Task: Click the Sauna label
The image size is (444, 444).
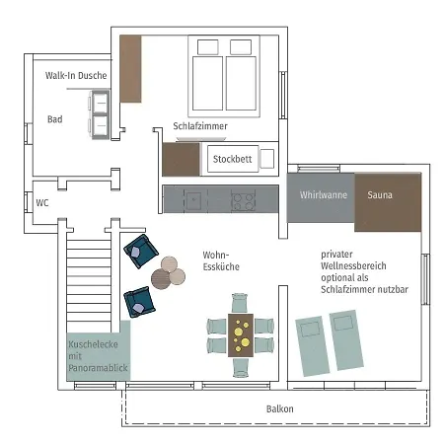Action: tap(380, 195)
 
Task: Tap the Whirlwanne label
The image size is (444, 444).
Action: tap(324, 195)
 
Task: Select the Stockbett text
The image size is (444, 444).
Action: tap(232, 159)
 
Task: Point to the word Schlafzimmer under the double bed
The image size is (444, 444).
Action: tap(200, 126)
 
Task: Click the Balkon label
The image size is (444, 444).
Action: tap(280, 408)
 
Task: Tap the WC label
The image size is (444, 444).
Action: tap(42, 203)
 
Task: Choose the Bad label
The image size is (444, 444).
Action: tap(55, 119)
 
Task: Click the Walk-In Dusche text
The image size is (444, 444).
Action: tap(76, 76)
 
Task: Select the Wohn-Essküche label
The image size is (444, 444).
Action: tap(221, 260)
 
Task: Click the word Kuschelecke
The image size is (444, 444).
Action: tap(93, 344)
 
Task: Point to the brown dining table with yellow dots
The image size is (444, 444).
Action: tap(241, 335)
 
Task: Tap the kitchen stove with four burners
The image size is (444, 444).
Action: tap(244, 199)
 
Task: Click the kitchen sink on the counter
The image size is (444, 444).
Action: tap(193, 199)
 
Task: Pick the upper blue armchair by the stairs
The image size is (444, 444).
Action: tap(141, 251)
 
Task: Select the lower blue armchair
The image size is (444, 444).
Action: tap(139, 302)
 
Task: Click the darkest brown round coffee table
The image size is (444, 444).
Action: tap(161, 279)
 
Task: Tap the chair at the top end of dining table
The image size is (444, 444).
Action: tap(240, 303)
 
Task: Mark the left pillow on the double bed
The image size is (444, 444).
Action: tap(208, 47)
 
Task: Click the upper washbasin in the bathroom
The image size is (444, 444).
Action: tap(101, 103)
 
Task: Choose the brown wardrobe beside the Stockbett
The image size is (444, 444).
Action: tap(181, 159)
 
